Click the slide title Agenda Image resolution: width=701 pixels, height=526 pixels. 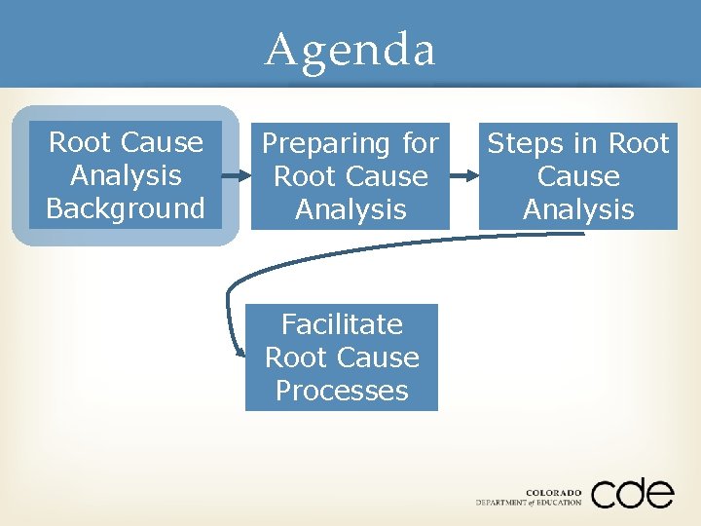coord(350,49)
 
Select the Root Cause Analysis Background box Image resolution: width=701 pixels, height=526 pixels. coord(126,175)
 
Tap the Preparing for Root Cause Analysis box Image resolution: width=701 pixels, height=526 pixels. coord(350,176)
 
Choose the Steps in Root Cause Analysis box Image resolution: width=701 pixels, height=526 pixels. coord(578,176)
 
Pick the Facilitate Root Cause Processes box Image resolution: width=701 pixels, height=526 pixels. coord(342,357)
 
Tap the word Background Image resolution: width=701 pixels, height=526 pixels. coord(126,208)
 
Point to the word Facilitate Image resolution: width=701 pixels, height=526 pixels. coord(342,323)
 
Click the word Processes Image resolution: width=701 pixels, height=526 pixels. coord(342,391)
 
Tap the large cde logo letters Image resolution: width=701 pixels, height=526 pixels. coord(632,494)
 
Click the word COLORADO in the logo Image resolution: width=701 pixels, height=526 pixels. coord(553,492)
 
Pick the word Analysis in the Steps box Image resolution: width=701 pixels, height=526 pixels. coord(578,209)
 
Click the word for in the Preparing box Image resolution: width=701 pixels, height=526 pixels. coord(421,144)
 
